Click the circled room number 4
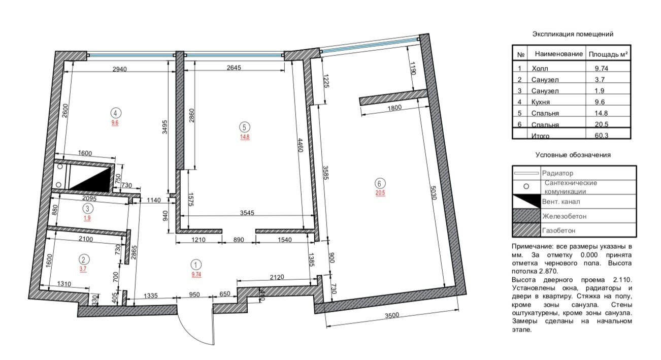116,113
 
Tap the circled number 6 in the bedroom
379,183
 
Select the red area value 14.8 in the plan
245,137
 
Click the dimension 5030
433,192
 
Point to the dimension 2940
119,69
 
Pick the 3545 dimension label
247,213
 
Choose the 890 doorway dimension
239,240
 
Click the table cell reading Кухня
541,102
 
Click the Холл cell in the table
540,69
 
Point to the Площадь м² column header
608,54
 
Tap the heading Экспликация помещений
573,34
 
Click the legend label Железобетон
564,216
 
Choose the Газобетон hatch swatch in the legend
527,230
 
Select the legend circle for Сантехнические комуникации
526,186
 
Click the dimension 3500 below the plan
392,315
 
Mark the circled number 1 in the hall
196,265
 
